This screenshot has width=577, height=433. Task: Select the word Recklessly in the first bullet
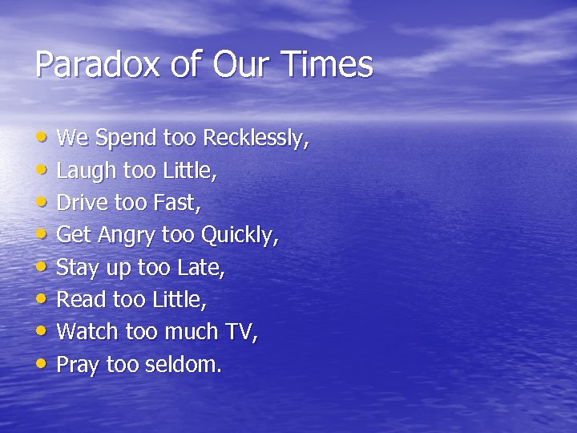pyautogui.click(x=254, y=138)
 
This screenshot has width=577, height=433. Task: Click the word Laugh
pyautogui.click(x=86, y=171)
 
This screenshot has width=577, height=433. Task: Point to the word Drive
pyautogui.click(x=82, y=203)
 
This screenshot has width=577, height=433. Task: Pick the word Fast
pyautogui.click(x=175, y=203)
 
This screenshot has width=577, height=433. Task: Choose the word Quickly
pyautogui.click(x=238, y=236)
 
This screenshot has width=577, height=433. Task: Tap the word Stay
pyautogui.click(x=78, y=268)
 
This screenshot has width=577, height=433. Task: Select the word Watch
pyautogui.click(x=87, y=332)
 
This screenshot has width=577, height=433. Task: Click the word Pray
pyautogui.click(x=78, y=365)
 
